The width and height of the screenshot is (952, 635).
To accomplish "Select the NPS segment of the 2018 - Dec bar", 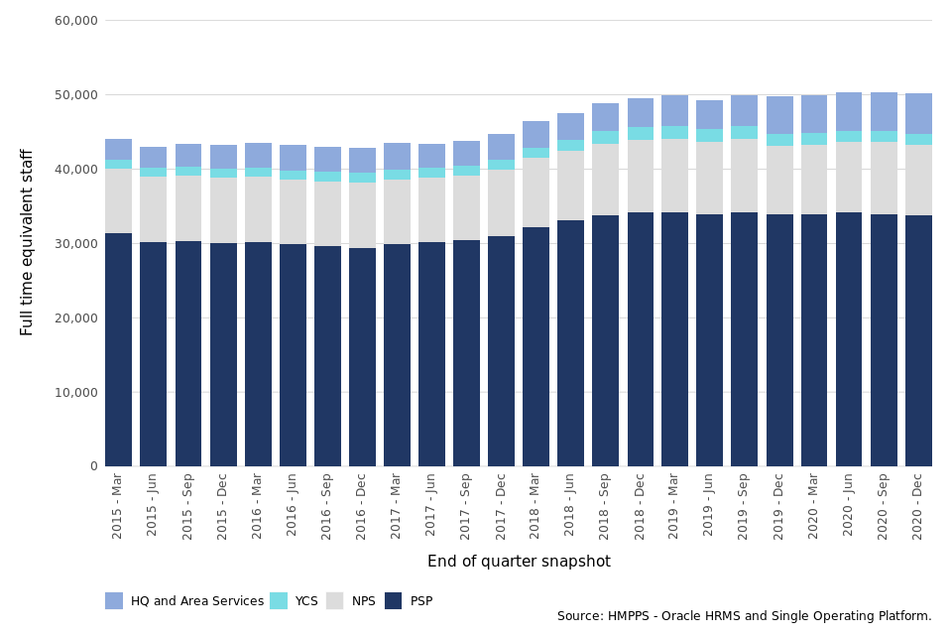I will coord(641,176).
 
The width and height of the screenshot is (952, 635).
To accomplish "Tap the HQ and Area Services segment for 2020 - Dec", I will coord(918,113).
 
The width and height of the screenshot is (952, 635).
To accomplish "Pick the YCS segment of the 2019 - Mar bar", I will coord(675,132).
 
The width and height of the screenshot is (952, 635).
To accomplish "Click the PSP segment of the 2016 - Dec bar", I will coord(362,357).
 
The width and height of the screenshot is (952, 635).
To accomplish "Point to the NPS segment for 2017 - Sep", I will coord(466,207).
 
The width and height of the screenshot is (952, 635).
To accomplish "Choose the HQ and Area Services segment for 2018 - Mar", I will coord(535,134).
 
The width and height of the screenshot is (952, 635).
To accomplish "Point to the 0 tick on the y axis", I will coord(93,466).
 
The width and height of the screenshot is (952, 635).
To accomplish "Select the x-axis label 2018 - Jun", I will coord(571,507).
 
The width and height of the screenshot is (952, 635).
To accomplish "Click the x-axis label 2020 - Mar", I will coord(814,507).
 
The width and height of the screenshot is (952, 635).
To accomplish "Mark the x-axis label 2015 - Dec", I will coord(223,507).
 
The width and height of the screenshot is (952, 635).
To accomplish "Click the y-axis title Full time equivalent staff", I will coord(28,242).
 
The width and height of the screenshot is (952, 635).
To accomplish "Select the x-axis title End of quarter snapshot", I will coord(519,562).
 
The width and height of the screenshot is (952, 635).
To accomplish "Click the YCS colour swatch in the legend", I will coord(279,601).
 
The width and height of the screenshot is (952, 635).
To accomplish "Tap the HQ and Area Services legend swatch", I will coord(114,601).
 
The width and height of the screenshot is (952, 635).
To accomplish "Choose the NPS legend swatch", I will coord(335,601).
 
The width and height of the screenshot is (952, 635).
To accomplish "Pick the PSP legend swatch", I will coord(394,601).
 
